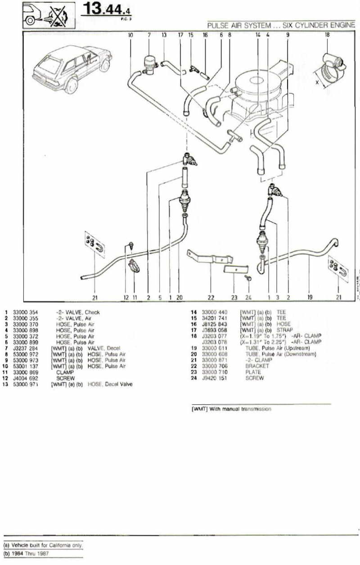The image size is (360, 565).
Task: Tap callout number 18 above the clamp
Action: click(327, 34)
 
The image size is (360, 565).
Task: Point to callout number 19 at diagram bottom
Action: click(310, 297)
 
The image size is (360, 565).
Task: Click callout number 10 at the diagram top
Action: click(130, 34)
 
